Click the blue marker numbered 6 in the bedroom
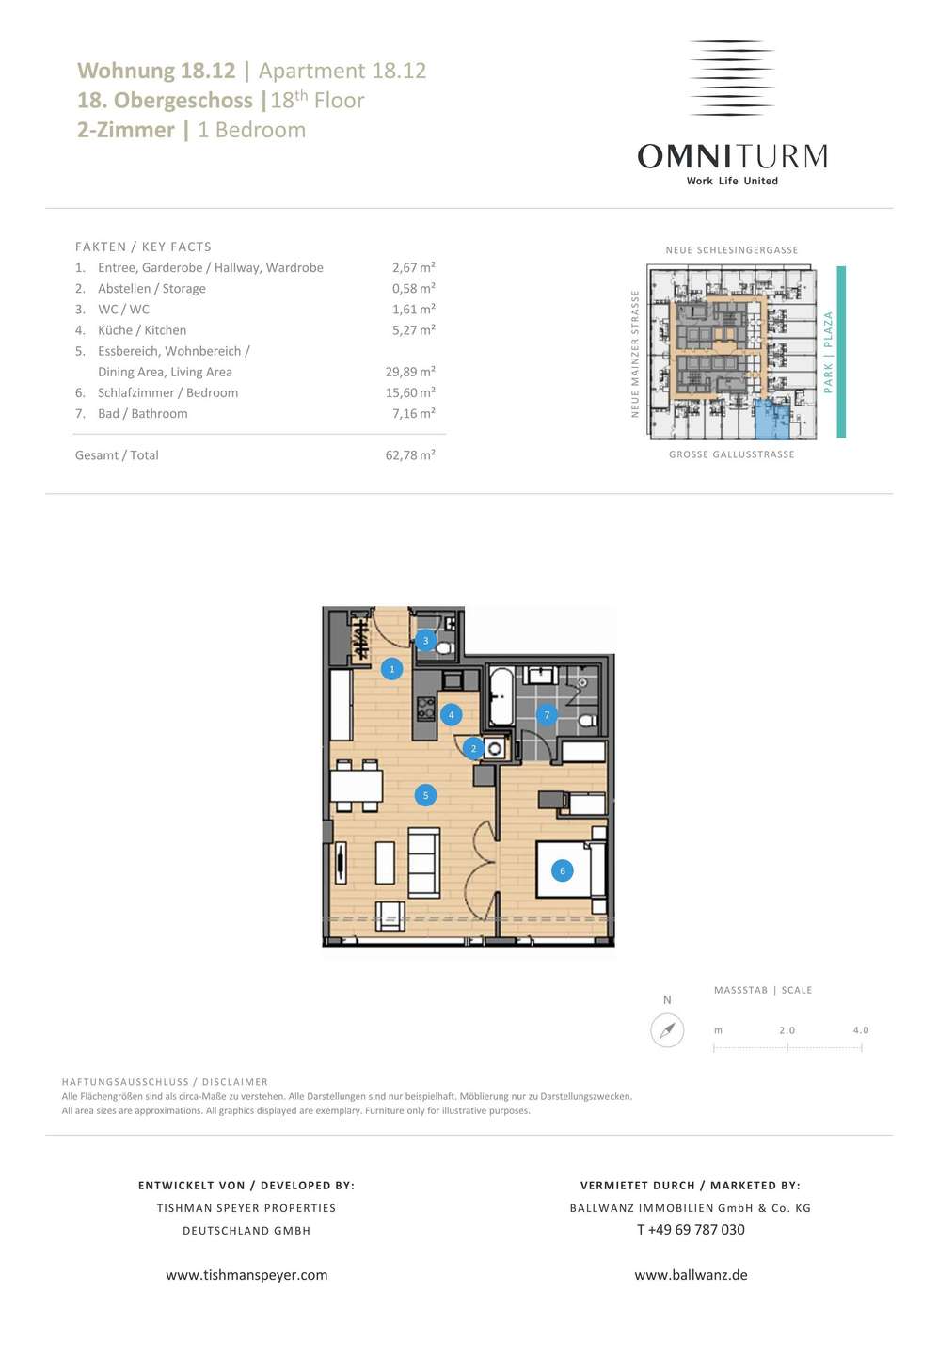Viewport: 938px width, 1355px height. coord(562,870)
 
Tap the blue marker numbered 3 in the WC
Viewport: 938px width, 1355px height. coord(425,641)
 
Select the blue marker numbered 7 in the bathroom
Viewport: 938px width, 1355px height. coord(547,715)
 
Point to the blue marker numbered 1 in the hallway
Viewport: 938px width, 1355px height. coord(392,669)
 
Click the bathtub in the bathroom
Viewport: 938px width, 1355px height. coord(501,695)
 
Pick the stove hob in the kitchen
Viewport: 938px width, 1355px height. coord(425,709)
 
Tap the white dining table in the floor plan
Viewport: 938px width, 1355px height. coord(357,786)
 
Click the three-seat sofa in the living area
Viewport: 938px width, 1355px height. coord(423,862)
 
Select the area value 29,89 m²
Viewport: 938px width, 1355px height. coord(410,372)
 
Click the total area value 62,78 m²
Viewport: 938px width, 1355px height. coord(410,454)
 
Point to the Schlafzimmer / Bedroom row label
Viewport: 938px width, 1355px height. coord(167,392)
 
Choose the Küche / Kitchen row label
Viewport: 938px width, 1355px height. coord(142,330)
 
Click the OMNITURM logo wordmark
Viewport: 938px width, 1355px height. coord(732,156)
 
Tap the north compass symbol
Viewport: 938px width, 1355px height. coord(667,1030)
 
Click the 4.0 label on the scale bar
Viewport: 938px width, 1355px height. coord(861,1029)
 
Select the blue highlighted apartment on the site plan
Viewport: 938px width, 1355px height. coord(771,420)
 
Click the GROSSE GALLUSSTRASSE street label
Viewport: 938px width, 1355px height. coord(732,454)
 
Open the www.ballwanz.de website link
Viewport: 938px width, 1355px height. coord(691,1274)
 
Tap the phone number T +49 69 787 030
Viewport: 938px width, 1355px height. coord(691,1229)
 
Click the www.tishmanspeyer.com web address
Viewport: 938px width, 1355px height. coord(246,1274)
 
